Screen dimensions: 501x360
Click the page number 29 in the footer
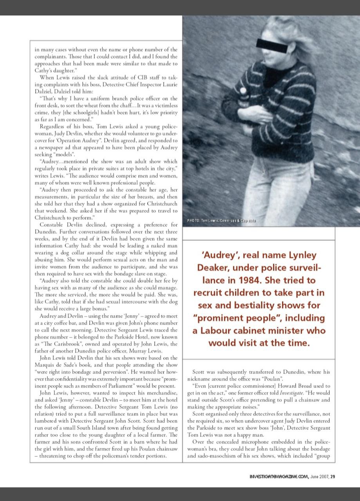tap(332, 476)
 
